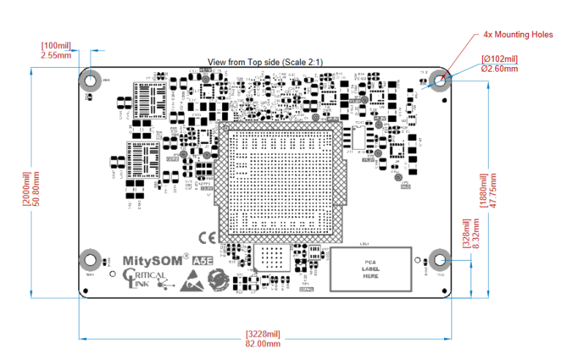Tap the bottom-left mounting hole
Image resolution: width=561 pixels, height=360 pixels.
click(90, 258)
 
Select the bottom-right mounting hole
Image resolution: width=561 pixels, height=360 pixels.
click(440, 258)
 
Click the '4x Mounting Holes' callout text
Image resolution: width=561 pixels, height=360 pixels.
click(518, 34)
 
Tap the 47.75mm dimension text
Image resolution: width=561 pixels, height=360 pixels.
click(494, 191)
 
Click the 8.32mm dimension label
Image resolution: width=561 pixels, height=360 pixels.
click(477, 242)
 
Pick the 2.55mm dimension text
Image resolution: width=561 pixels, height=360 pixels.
click(56, 55)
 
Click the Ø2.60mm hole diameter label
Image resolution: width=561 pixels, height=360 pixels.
click(499, 69)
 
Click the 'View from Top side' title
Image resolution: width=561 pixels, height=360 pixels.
click(266, 62)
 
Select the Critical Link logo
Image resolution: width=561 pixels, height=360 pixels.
click(145, 278)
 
